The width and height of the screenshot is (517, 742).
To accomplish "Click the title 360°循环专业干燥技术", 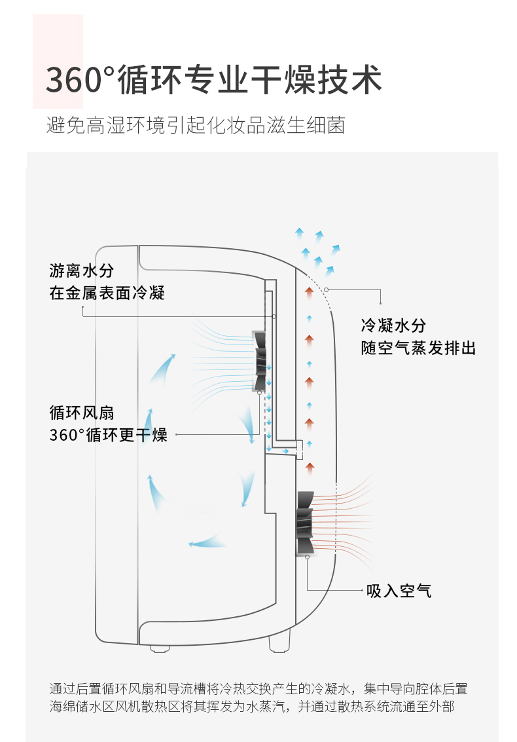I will coord(213,80).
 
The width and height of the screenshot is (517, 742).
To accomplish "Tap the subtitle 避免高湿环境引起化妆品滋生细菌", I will coord(196,124).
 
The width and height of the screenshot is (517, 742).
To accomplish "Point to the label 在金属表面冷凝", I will coord(107,293).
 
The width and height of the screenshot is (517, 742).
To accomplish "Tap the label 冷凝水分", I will coord(393,325).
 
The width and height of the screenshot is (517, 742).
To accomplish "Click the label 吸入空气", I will coord(399,591).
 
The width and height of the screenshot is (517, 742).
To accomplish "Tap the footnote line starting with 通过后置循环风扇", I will coord(258,688).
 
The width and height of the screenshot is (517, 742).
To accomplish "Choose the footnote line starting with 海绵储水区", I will coord(251,707).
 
